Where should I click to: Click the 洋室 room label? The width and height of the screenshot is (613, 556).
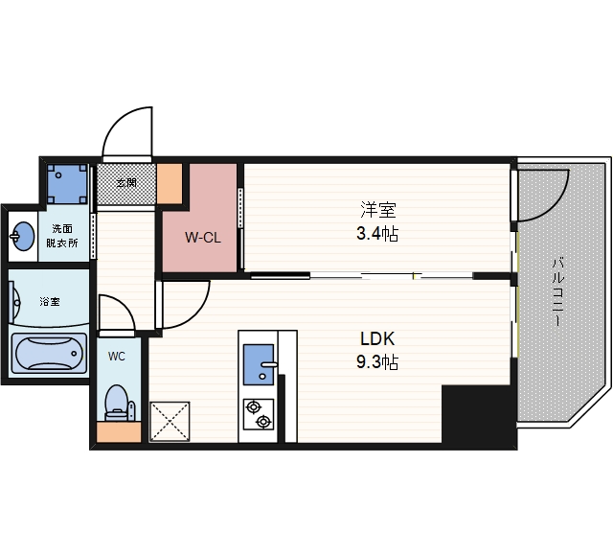[377, 210]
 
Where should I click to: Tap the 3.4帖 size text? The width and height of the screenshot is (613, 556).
[377, 234]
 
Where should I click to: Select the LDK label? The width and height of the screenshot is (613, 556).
[377, 338]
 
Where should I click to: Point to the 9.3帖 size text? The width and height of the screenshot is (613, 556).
[377, 362]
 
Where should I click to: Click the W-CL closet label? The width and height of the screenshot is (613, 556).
[203, 237]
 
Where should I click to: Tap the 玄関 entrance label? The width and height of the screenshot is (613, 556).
[126, 182]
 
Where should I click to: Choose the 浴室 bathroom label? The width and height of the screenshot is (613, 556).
[50, 302]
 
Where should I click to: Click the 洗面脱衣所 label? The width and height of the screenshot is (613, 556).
[62, 236]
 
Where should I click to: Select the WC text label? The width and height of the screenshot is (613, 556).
[117, 357]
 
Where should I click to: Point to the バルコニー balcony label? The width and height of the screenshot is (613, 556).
[557, 291]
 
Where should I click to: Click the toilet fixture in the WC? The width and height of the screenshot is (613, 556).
[119, 403]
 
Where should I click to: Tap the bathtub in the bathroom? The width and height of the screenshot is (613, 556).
[49, 353]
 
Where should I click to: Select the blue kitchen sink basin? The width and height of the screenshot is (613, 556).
[259, 365]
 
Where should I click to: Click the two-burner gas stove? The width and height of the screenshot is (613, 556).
[259, 414]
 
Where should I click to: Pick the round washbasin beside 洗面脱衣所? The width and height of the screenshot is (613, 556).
[23, 236]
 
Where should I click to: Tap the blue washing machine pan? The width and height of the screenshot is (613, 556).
[67, 184]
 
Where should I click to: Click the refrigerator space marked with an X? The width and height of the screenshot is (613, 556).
[170, 422]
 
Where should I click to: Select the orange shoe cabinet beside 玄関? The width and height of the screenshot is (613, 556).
[170, 183]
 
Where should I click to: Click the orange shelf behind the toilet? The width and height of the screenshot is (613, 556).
[119, 432]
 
